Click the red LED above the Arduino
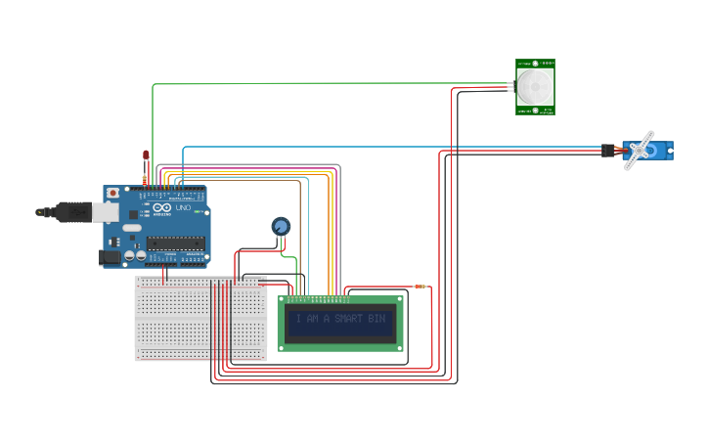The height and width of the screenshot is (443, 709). pos(146,155)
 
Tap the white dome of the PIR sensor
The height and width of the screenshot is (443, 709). pos(535,86)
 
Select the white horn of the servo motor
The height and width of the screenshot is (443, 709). pos(641,150)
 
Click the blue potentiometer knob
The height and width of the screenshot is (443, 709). pos(281,227)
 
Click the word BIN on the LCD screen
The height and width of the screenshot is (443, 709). pos(377,319)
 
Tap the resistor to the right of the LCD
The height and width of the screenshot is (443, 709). pos(420,287)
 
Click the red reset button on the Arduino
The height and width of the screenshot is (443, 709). pos(113,194)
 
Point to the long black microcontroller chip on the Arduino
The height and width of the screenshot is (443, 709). pos(175,243)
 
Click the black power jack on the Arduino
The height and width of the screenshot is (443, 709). pos(111,257)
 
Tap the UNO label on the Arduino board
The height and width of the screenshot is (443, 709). pos(183,208)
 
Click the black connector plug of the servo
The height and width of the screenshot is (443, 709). pos(607,150)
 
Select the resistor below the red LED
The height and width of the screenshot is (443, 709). pos(145,178)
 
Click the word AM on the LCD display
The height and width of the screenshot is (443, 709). pos(313,319)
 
